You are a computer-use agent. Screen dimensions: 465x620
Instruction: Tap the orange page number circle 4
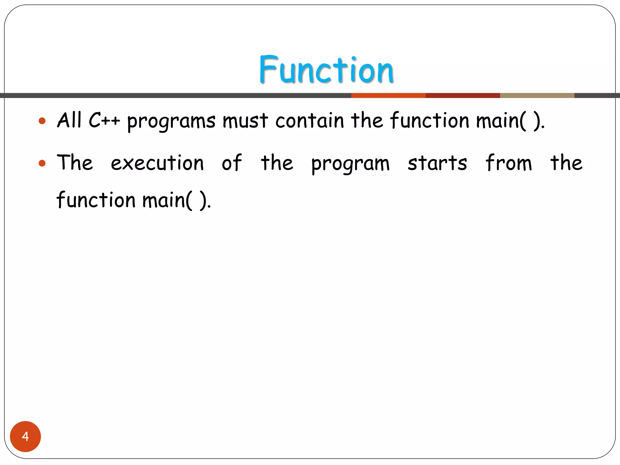(x=25, y=436)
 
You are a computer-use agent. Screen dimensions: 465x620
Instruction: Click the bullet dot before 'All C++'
(x=42, y=121)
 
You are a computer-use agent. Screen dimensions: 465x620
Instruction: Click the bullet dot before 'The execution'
(x=42, y=163)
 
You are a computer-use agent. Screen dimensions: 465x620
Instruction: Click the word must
(x=245, y=120)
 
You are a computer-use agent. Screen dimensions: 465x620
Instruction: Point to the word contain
(x=310, y=120)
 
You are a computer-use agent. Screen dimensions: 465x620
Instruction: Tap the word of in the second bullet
(x=232, y=163)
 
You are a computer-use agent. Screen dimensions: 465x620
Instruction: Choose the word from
(x=508, y=163)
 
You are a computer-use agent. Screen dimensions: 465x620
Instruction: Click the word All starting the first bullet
(x=69, y=120)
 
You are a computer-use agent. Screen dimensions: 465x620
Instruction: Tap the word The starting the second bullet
(x=75, y=163)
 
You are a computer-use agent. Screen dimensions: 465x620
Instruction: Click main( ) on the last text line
(x=176, y=200)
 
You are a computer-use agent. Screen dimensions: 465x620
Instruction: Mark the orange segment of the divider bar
(x=388, y=96)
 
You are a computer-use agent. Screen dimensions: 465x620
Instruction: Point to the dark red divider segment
(x=463, y=96)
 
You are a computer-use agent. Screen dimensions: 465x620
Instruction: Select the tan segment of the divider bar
(x=537, y=96)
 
